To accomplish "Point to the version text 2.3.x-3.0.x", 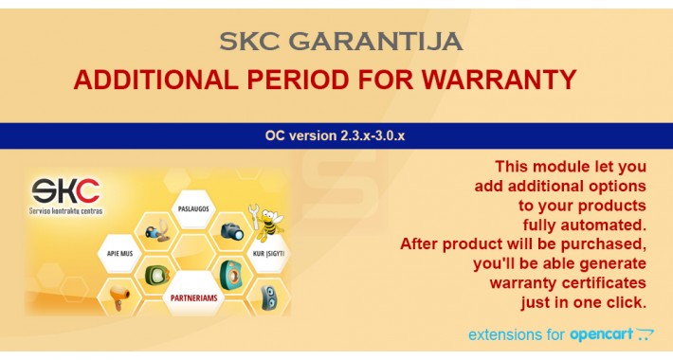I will (x=367, y=135).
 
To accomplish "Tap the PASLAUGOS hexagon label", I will (x=193, y=207).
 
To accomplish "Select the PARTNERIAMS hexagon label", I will (x=194, y=298).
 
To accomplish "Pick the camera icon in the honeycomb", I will (x=231, y=230).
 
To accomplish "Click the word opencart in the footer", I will (x=601, y=334).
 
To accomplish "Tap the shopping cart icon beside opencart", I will (x=645, y=333).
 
